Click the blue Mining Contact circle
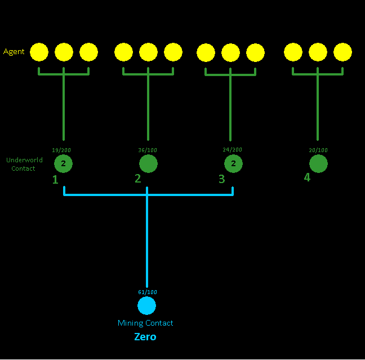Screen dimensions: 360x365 (147, 305)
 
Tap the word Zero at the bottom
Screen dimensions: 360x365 (145, 337)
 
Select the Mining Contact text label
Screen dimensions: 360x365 (145, 323)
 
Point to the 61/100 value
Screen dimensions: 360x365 (148, 292)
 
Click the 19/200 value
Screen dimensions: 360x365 (61, 150)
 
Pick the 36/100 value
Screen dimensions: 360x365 (148, 150)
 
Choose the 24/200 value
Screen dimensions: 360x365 (233, 150)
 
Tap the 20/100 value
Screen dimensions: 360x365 (318, 150)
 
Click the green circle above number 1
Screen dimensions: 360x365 (63, 164)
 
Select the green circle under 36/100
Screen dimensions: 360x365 (148, 164)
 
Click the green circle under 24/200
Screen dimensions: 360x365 (233, 164)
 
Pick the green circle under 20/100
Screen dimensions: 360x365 (318, 164)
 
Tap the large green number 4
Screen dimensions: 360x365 (307, 177)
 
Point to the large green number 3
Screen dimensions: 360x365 (222, 179)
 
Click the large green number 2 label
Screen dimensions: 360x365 (138, 179)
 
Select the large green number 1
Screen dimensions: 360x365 (55, 180)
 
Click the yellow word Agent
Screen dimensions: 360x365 (14, 52)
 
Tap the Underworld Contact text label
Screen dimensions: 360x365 (24, 164)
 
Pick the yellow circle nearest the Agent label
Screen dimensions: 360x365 (39, 52)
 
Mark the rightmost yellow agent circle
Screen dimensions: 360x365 (342, 52)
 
